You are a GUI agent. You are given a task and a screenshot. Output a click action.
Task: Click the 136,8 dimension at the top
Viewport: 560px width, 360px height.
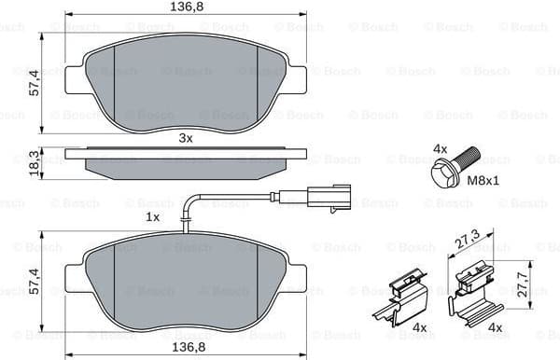(x=184, y=7)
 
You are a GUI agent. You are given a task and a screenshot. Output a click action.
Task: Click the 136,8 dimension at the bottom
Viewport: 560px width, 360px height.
(x=184, y=347)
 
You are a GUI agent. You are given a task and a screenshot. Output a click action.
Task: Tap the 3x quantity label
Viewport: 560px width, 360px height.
(x=185, y=138)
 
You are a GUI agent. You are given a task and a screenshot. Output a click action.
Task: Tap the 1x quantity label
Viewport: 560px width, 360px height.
(x=153, y=216)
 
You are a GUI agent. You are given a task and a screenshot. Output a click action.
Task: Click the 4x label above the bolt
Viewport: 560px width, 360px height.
(x=441, y=148)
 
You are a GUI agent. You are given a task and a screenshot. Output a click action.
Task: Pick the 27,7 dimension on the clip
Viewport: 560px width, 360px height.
(x=522, y=283)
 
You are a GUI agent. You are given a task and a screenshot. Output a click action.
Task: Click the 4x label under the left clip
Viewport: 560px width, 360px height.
(x=419, y=327)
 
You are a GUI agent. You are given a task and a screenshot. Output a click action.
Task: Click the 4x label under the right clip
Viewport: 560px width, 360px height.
(x=496, y=327)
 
